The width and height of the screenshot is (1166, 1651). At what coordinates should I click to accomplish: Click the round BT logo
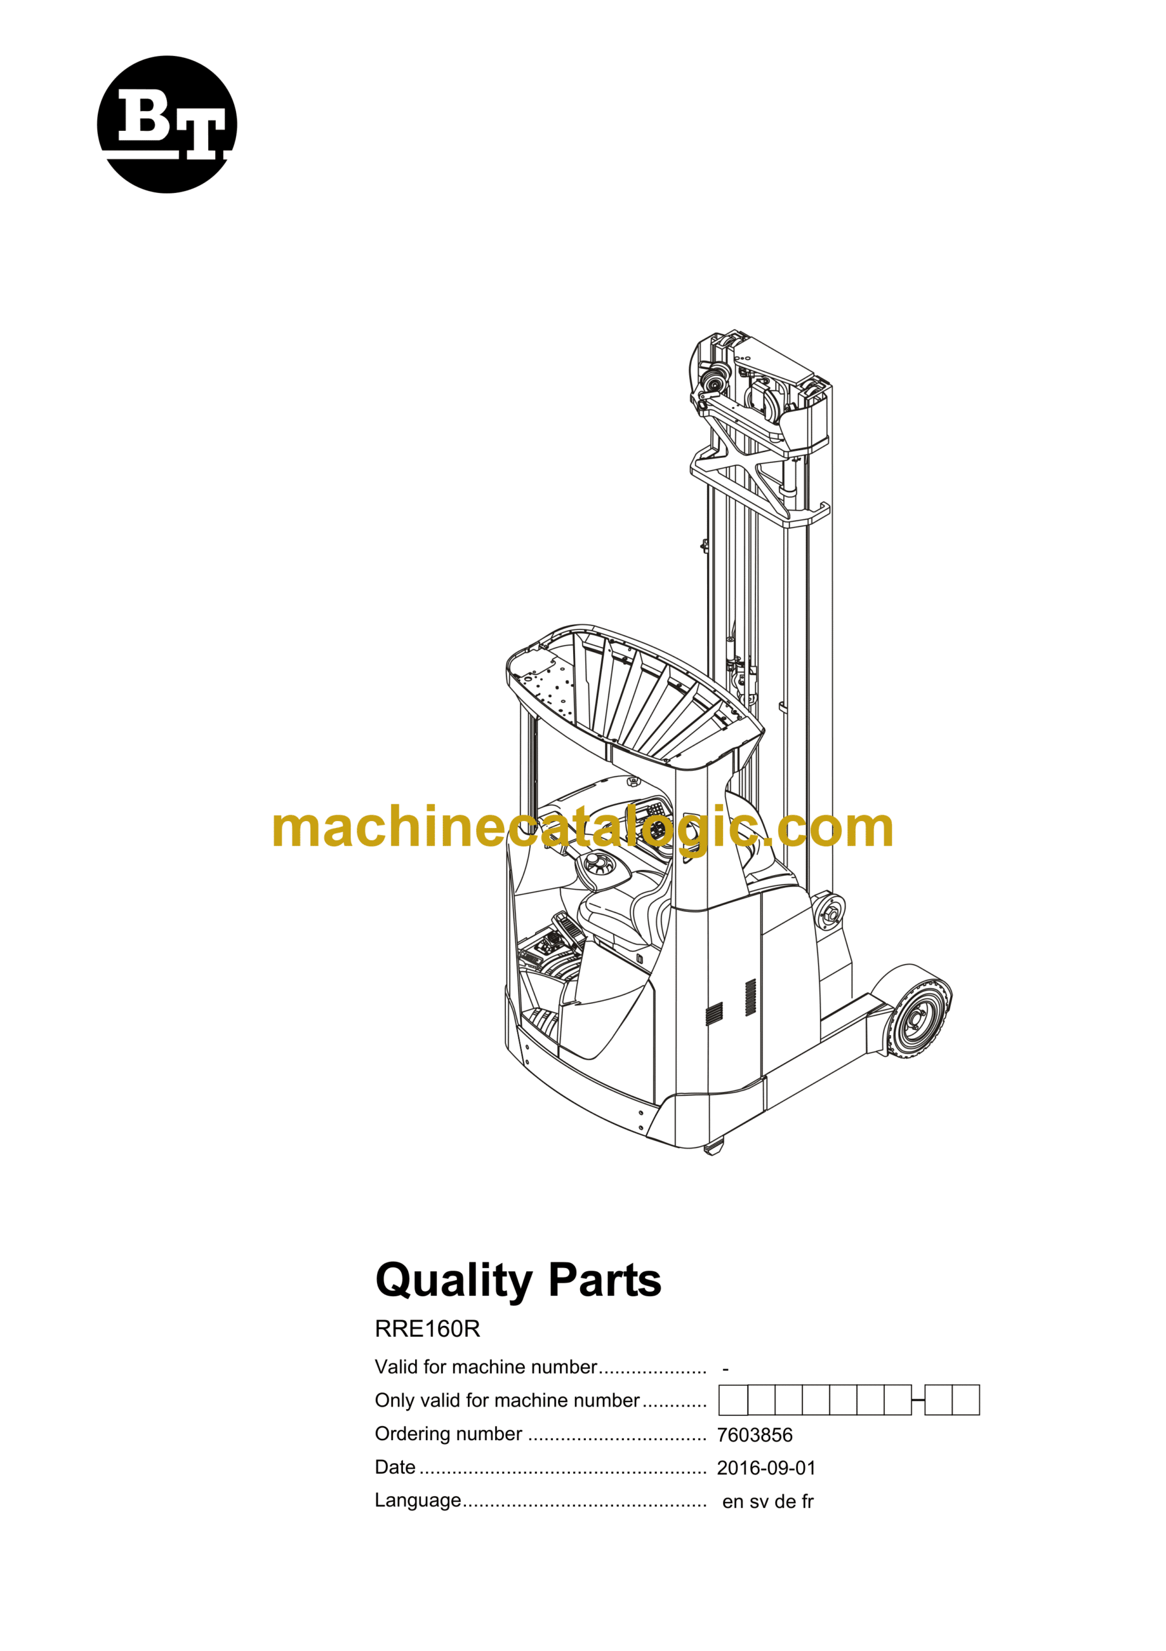coord(167,124)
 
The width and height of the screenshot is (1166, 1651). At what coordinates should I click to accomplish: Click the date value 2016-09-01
coord(766,1468)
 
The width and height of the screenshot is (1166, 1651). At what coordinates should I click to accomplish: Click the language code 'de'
coord(785,1501)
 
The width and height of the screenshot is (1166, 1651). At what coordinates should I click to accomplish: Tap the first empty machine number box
coord(734,1400)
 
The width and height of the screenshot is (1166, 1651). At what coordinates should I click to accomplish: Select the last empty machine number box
coord(966,1400)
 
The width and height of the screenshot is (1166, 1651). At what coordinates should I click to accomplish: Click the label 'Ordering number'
coord(449,1434)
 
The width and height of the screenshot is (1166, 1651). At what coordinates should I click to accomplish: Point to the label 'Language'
coord(418,1501)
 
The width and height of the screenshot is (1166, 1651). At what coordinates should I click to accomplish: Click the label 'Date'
coord(394,1467)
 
